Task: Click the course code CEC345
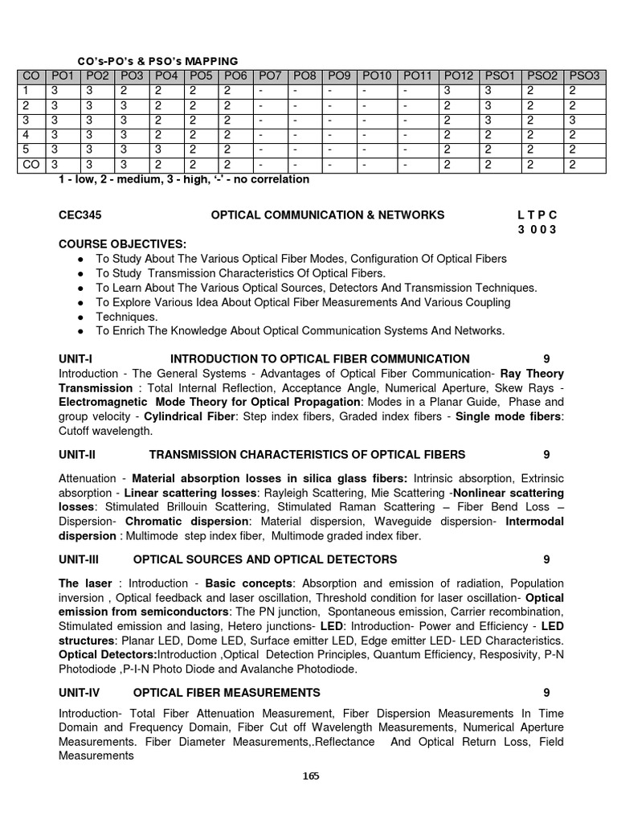80,215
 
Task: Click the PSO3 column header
583,76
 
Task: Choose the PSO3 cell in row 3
583,120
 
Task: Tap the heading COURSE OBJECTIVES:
122,244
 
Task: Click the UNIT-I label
76,358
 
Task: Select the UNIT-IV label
80,692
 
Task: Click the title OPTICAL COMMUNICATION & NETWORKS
327,215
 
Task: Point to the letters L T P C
537,215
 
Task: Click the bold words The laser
85,583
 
